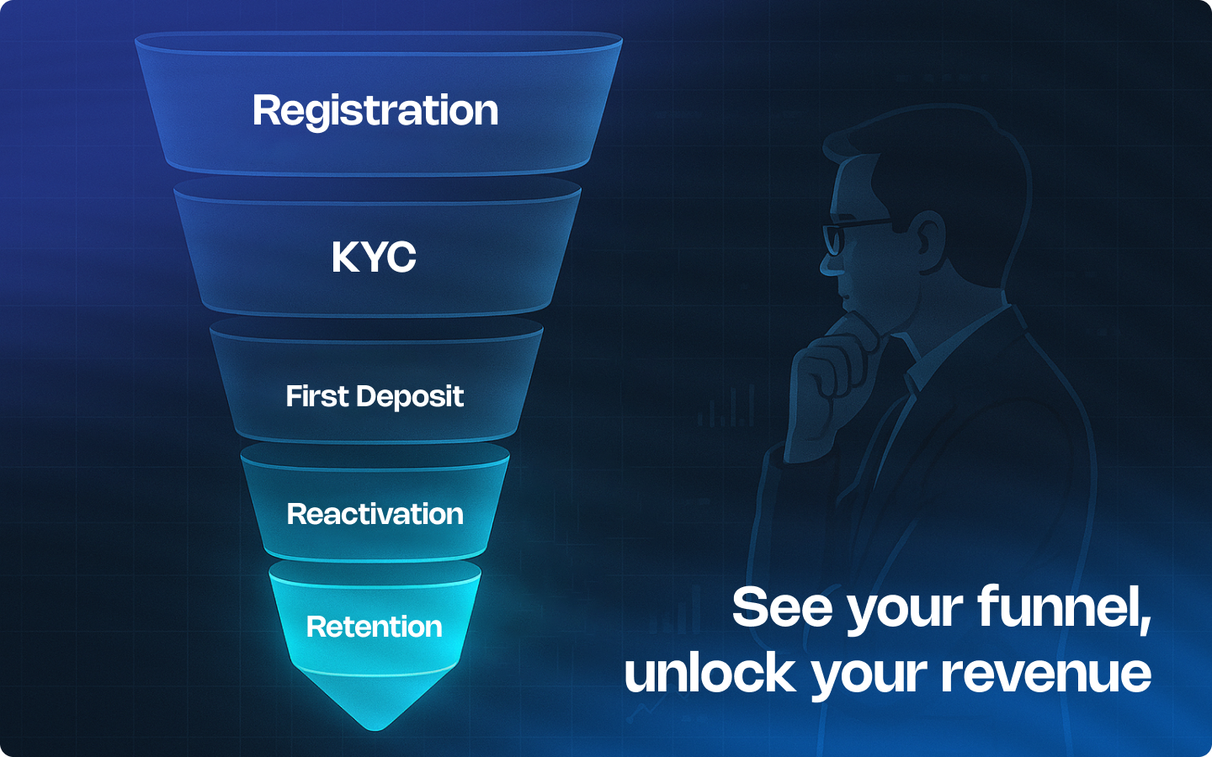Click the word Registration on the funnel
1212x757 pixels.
[375, 111]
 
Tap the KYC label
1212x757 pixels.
[375, 257]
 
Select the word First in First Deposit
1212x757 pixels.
[316, 396]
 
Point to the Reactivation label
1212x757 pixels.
[375, 514]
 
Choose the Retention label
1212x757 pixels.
[375, 627]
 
